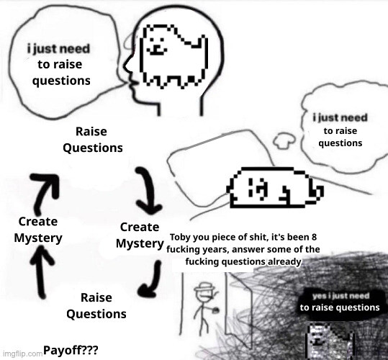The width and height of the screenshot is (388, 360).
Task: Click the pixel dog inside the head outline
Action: (x=173, y=56)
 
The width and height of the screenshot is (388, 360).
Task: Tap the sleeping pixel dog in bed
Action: (x=275, y=187)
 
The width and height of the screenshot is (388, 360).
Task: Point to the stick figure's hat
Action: (x=204, y=287)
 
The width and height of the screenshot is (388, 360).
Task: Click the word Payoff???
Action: (x=71, y=350)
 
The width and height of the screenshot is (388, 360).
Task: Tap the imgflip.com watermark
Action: (x=22, y=354)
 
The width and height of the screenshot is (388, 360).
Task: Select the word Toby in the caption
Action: (x=180, y=238)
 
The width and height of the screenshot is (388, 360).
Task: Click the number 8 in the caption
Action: (x=314, y=237)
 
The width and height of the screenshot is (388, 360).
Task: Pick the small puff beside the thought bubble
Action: (x=284, y=140)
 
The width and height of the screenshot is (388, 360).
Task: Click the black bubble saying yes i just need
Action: (x=340, y=302)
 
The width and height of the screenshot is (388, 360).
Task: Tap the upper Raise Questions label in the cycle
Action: (x=93, y=140)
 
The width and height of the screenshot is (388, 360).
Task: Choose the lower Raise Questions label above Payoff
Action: (x=96, y=306)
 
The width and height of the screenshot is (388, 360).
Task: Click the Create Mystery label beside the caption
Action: (x=140, y=235)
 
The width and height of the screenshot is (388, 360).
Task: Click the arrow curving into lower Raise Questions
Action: (x=153, y=279)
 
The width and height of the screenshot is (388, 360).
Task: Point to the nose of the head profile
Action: (x=125, y=66)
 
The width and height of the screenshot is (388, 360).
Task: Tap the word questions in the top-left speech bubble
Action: (x=61, y=81)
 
